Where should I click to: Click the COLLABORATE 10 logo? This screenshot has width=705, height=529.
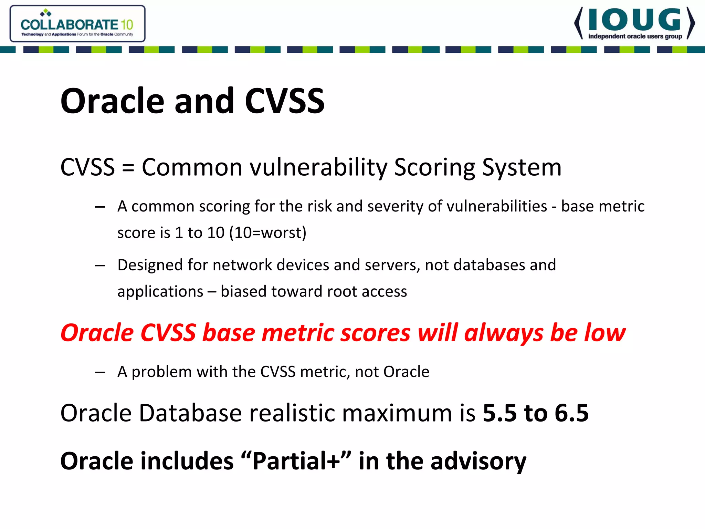click(x=77, y=24)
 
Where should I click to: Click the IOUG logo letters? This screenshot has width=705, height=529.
click(x=634, y=20)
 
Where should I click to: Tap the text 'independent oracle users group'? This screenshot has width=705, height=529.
click(x=635, y=37)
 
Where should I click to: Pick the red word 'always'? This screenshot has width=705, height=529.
click(x=504, y=333)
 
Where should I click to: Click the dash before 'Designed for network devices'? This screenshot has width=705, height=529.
click(x=100, y=266)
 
